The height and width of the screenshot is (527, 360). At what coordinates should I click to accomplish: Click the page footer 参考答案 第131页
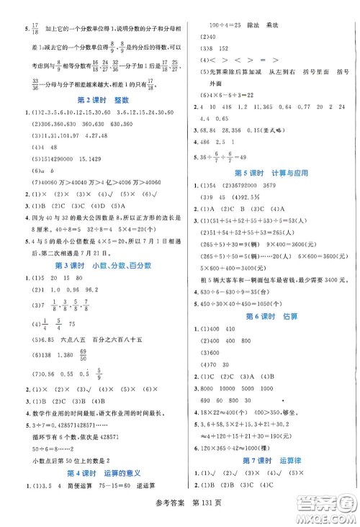pos(179,515)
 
